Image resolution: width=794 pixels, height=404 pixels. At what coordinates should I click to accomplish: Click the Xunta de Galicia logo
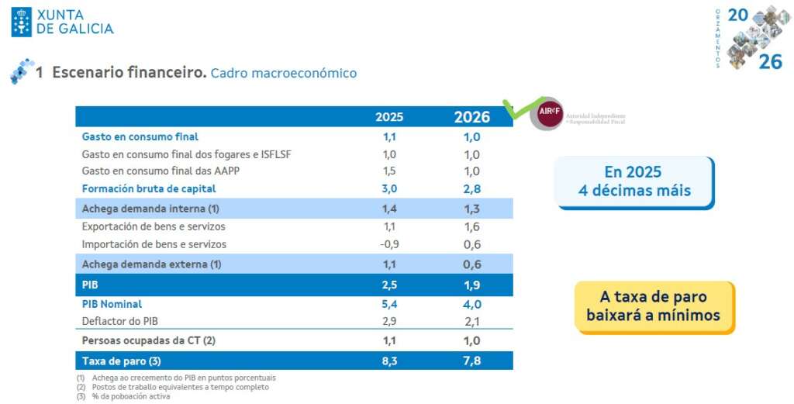pos(62,22)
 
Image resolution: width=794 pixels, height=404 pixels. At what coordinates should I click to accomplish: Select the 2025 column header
pos(389,117)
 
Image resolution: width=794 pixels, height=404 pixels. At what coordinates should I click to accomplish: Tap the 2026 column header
pos(471,117)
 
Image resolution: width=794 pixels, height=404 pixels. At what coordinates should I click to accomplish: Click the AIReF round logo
pos(550,114)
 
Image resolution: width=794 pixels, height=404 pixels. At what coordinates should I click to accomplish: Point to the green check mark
pos(518,109)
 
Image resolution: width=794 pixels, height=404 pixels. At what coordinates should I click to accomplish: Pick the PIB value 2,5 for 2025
pos(389,285)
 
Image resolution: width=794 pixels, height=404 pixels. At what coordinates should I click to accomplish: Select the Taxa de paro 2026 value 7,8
pos(471,361)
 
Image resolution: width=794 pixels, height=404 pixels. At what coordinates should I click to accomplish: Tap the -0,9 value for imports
pos(388,244)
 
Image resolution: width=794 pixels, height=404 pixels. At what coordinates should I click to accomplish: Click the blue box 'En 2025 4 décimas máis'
pos(633,181)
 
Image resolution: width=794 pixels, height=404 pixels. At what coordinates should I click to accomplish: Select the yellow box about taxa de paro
pos(654,306)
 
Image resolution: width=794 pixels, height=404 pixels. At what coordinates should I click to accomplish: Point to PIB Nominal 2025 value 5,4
pos(389,304)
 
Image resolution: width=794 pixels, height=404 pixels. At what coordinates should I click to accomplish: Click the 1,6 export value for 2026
pos(471,226)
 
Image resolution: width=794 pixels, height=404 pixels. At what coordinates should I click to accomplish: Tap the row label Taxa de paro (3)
pos(121,361)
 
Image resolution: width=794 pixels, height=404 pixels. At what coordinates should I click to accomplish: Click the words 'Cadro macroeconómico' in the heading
pos(283,73)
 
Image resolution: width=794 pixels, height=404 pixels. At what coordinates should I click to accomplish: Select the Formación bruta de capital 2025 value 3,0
pos(389,188)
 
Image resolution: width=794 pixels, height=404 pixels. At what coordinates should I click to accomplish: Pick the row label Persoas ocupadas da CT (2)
pos(148,340)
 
